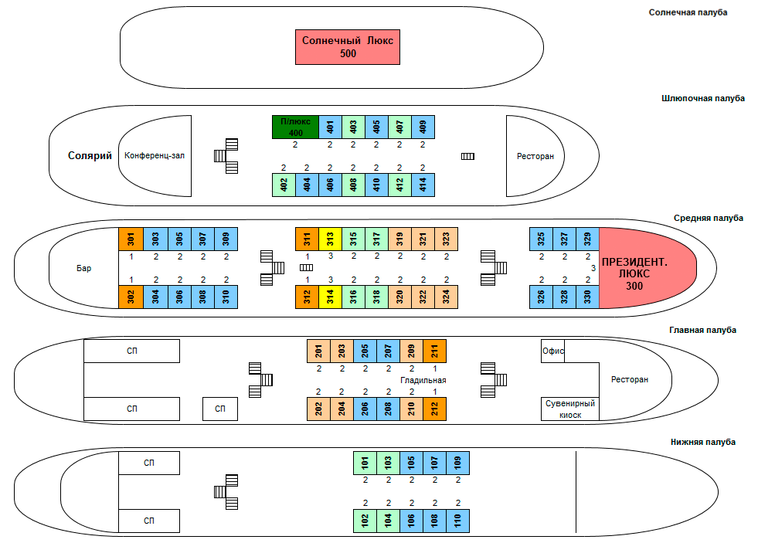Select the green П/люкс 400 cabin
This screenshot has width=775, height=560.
[x=295, y=127]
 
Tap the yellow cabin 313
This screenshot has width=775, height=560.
[x=330, y=239]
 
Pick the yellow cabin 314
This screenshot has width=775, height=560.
[x=330, y=297]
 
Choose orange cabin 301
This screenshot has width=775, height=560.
[x=131, y=239]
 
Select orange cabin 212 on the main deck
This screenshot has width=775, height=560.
[x=435, y=408]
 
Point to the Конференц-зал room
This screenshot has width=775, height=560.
[x=155, y=155]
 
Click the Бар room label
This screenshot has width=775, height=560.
[x=83, y=268]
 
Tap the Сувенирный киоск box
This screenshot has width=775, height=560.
[x=570, y=409]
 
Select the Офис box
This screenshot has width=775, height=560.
[x=553, y=351]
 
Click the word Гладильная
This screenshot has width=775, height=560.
[x=423, y=380]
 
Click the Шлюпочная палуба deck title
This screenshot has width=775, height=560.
[x=703, y=98]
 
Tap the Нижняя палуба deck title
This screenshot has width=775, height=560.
[x=703, y=442]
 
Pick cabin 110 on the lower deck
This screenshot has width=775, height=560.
[x=458, y=521]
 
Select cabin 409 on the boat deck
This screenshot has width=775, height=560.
[x=423, y=127]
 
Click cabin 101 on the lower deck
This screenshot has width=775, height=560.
[x=365, y=463]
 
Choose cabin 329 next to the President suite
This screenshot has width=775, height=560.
[x=587, y=239]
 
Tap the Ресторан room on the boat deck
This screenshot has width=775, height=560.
[x=535, y=156]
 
